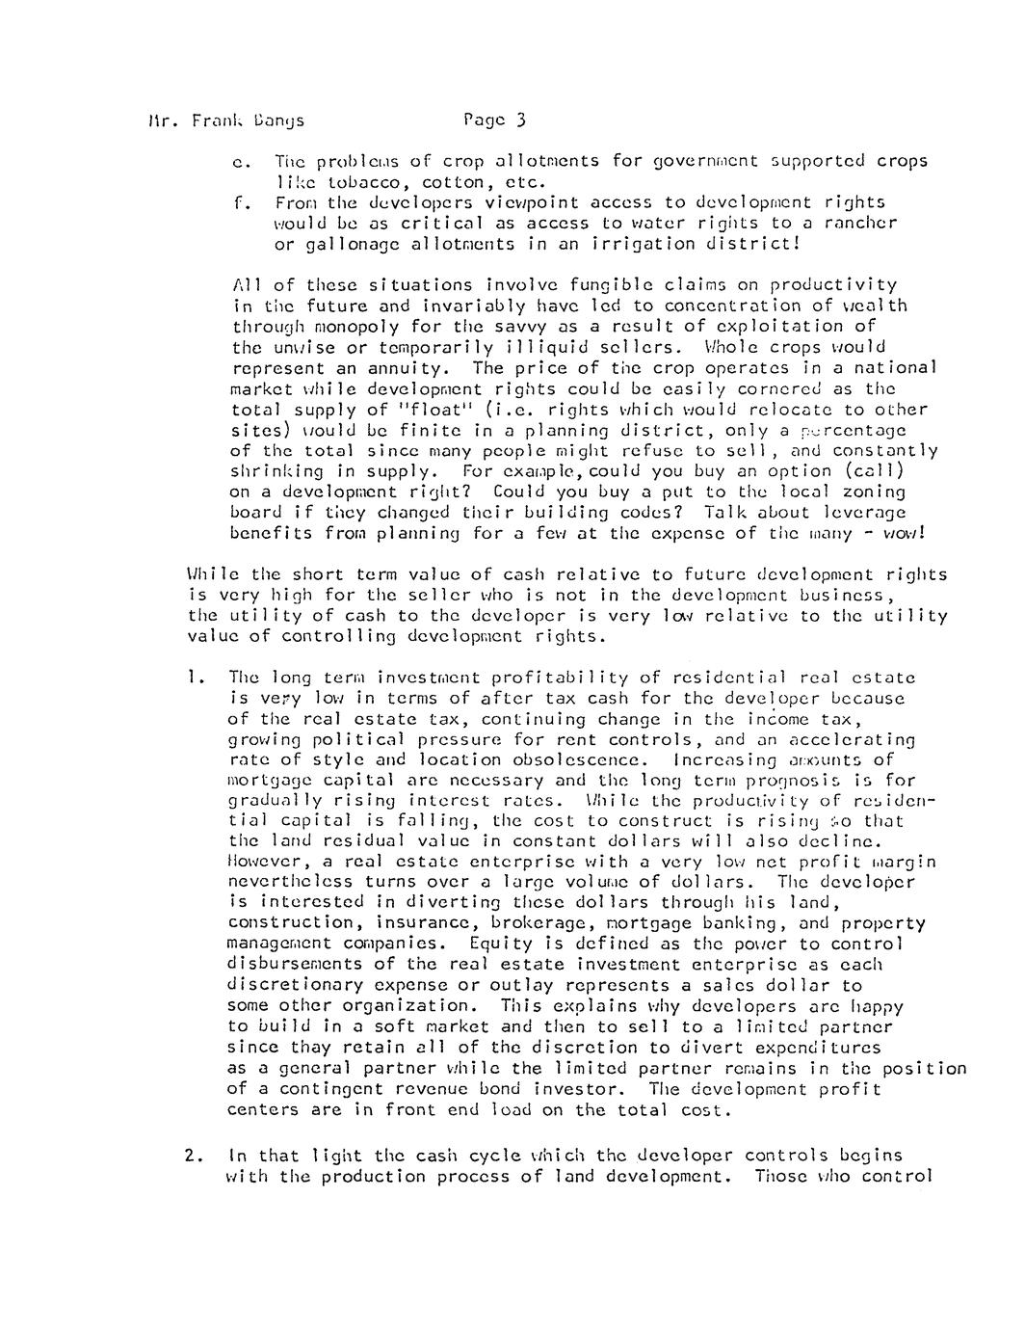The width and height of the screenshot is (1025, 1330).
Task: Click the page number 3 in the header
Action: (x=519, y=120)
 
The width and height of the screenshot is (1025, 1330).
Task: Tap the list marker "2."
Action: (x=194, y=1155)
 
